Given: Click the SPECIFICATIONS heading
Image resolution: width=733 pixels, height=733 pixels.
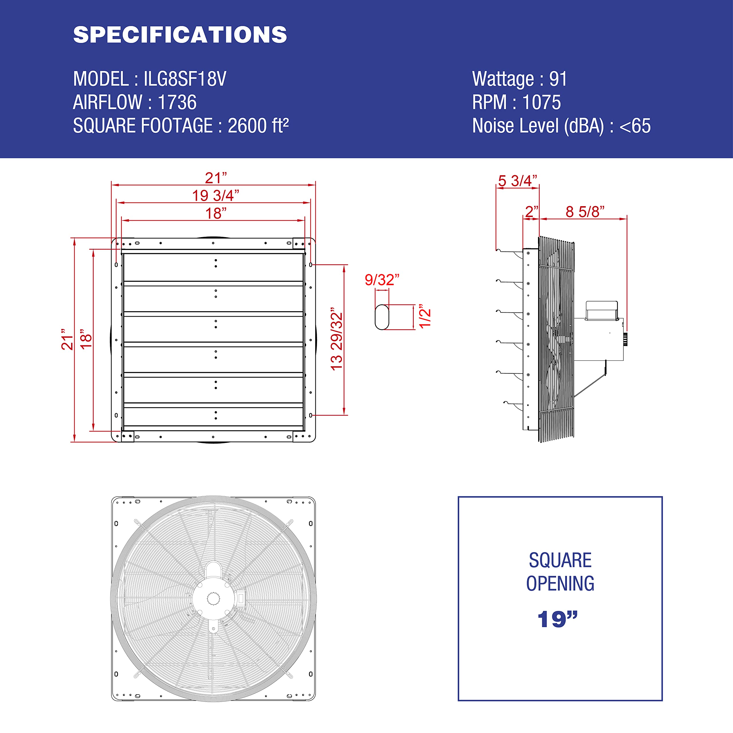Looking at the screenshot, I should click(180, 35).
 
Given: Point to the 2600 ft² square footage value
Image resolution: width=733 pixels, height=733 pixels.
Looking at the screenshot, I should click(258, 126).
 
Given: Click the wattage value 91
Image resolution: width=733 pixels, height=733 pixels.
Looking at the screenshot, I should click(558, 79).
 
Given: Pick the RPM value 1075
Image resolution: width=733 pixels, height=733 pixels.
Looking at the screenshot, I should click(541, 103).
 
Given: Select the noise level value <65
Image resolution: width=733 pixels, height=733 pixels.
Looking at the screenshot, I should click(635, 126).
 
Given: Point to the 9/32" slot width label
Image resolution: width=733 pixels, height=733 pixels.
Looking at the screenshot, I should click(382, 280).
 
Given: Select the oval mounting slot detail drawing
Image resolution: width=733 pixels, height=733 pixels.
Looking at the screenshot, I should click(382, 317).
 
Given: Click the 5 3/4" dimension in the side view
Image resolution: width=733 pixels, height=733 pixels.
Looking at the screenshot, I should click(517, 181).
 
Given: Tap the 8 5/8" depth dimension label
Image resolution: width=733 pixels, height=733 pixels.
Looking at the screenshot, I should click(585, 212).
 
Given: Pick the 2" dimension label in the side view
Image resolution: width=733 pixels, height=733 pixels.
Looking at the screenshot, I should click(531, 212).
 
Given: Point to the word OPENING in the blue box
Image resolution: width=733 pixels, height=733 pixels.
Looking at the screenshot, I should click(560, 584).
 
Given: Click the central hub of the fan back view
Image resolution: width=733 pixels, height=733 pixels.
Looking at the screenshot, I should click(213, 599).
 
